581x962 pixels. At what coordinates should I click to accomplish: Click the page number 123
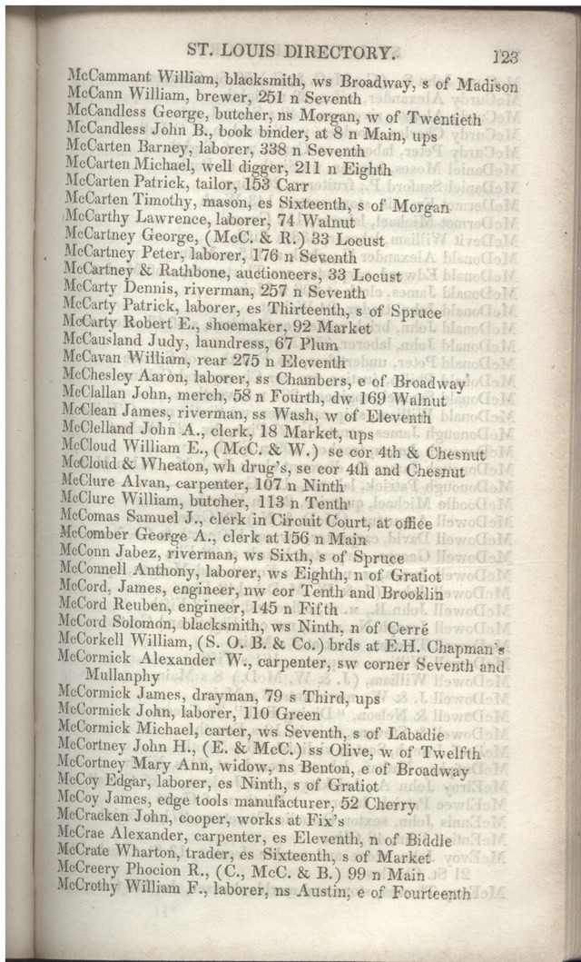click(505, 56)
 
